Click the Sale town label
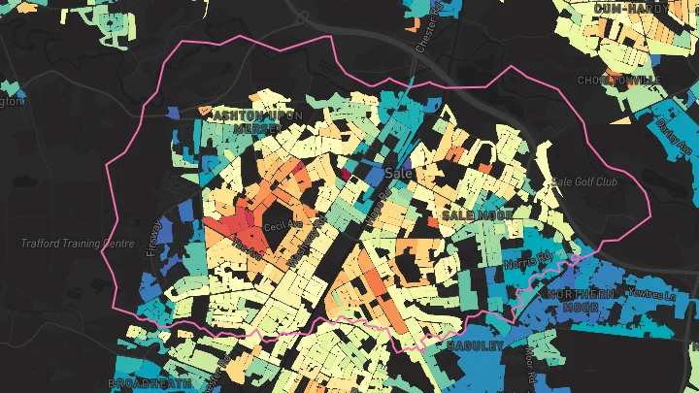399,173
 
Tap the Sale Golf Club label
583,181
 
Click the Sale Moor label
477,213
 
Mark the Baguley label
475,345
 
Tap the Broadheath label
146,383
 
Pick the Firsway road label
153,233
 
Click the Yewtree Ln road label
650,293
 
